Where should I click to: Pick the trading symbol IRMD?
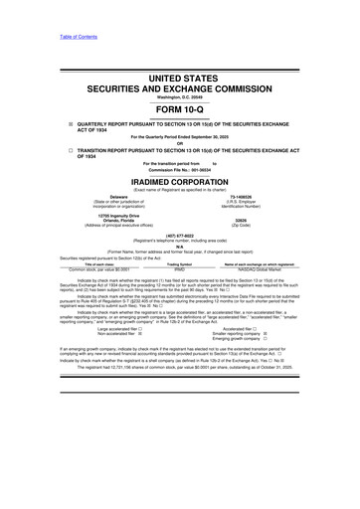(x=180, y=268)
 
